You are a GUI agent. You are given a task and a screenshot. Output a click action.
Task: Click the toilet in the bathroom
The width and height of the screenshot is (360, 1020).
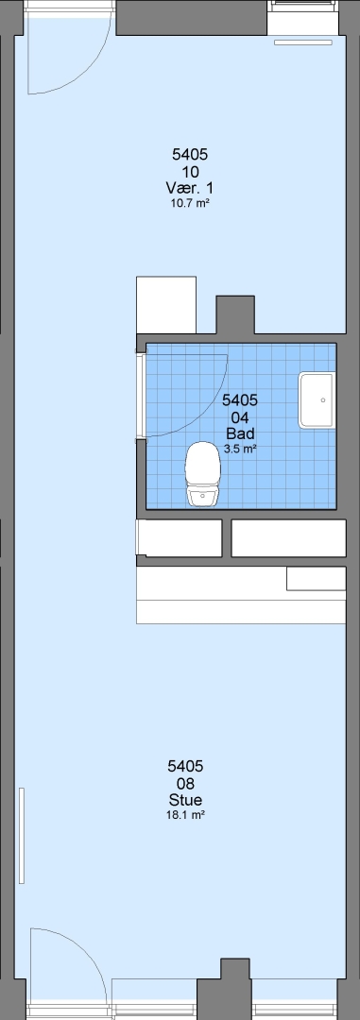click(202, 474)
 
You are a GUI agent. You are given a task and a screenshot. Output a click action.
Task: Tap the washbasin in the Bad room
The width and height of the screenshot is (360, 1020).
click(317, 400)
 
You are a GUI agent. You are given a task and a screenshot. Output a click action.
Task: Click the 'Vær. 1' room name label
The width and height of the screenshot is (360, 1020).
click(189, 188)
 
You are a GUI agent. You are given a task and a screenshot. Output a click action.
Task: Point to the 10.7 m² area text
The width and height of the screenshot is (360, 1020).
click(189, 203)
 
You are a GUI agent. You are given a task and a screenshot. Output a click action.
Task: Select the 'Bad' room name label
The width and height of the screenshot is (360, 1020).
click(240, 433)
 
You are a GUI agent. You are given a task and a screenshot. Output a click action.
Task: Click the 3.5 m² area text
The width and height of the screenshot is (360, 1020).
click(240, 449)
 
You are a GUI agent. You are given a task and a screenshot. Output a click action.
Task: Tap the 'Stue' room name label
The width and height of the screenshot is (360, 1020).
click(185, 800)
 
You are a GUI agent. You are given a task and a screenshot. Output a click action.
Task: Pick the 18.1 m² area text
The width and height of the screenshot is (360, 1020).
click(186, 815)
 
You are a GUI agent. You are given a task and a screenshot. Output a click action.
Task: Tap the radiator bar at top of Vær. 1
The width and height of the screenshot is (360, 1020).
click(302, 42)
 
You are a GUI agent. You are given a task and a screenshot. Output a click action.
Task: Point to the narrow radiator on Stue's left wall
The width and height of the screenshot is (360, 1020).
click(22, 835)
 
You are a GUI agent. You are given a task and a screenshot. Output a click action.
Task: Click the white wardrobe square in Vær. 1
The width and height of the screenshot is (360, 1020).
click(166, 305)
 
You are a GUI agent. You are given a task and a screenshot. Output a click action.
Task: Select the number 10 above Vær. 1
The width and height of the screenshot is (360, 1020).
click(190, 172)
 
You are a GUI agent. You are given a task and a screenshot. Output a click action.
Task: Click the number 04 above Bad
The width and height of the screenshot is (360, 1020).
click(240, 417)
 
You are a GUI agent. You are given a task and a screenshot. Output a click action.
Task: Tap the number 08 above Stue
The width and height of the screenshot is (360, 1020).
click(185, 784)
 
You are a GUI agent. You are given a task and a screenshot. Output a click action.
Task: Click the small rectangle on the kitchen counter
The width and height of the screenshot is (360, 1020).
click(317, 578)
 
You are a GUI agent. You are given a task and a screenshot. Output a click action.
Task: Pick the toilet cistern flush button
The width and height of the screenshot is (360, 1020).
click(202, 496)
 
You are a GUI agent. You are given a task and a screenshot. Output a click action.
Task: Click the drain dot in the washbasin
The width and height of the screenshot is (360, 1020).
click(323, 400)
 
